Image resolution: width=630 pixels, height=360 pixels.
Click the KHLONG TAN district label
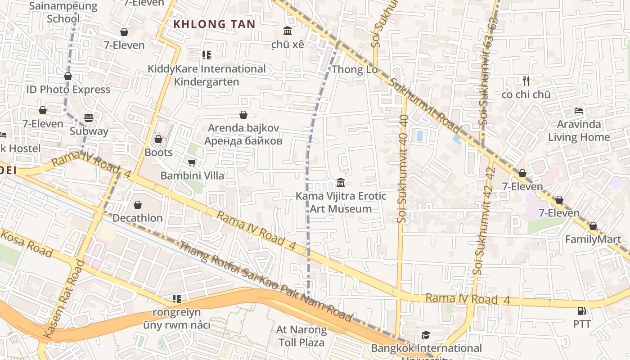(214, 24)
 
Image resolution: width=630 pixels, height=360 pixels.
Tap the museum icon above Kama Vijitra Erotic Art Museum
(341, 183)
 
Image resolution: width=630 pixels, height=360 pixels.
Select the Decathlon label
(138, 218)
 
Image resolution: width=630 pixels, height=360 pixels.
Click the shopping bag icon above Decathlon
(138, 205)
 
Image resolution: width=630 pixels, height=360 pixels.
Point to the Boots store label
(158, 153)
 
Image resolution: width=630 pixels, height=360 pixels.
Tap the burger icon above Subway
(89, 118)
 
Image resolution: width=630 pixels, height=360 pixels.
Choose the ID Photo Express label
(68, 90)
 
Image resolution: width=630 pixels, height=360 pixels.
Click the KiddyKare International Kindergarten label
(207, 76)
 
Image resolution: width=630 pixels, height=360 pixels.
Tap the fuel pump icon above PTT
(581, 310)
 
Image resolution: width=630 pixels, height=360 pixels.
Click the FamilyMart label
(593, 239)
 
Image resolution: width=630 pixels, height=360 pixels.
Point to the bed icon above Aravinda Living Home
(579, 111)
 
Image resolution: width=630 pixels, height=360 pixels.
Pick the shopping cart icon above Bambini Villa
(192, 162)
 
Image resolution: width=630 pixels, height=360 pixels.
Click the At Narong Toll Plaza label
(301, 336)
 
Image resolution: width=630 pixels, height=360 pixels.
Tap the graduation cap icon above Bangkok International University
(426, 335)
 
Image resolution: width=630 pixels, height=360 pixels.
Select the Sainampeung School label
(63, 12)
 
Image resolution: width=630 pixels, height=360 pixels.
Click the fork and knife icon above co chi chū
(526, 81)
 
